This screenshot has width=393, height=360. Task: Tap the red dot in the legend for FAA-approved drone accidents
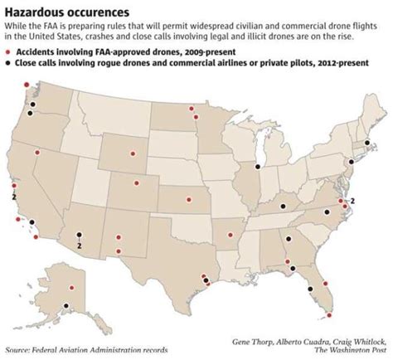(x=9, y=51)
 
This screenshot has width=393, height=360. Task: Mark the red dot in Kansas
(x=189, y=199)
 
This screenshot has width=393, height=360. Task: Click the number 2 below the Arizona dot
(x=79, y=245)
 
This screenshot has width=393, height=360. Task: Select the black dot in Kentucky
(x=282, y=205)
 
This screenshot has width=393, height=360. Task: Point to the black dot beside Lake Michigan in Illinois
(x=257, y=167)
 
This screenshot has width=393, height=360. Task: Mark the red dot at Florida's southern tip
(x=331, y=315)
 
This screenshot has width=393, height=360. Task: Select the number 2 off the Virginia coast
(x=352, y=202)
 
